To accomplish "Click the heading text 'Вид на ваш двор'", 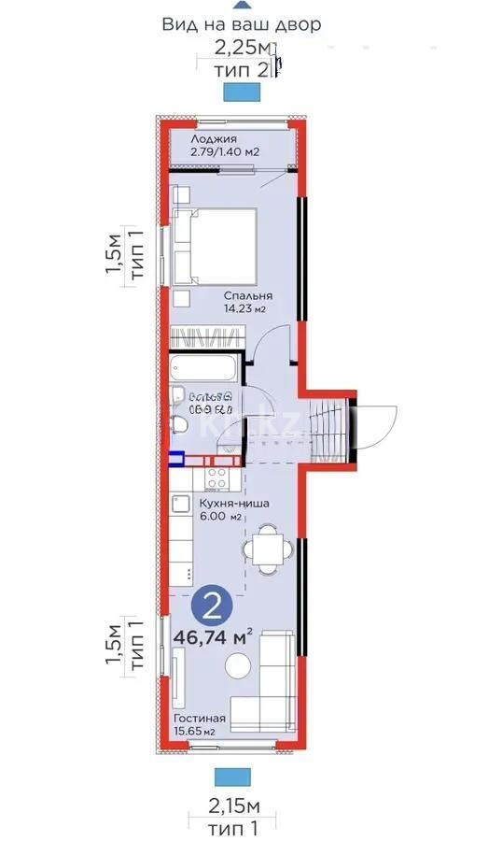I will (242, 24).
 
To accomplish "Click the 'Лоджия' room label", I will (202, 139).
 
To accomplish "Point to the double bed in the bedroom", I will (215, 245).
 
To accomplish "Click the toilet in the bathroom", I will (181, 426).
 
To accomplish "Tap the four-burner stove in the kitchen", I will (217, 478).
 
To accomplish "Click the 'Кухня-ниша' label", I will (234, 504).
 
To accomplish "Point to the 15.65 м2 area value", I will (194, 732).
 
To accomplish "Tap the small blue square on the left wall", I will (176, 459).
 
